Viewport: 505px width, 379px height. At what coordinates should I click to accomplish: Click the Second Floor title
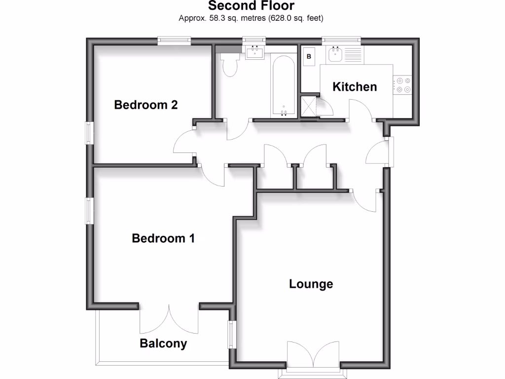251,6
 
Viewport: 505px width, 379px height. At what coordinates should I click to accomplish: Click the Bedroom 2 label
145,105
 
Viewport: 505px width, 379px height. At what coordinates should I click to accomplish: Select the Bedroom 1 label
163,238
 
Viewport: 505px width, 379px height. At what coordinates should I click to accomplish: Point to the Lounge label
311,284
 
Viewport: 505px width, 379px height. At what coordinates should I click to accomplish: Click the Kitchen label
355,87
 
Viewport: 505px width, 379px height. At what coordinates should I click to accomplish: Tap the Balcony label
163,343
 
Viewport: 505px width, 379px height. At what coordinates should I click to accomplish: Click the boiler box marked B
309,56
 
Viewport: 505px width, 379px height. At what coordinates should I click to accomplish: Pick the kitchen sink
336,53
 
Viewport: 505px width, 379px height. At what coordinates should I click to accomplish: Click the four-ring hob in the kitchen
402,85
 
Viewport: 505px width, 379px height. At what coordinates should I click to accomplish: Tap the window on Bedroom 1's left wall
90,210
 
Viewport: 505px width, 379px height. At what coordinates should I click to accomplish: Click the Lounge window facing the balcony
230,336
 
